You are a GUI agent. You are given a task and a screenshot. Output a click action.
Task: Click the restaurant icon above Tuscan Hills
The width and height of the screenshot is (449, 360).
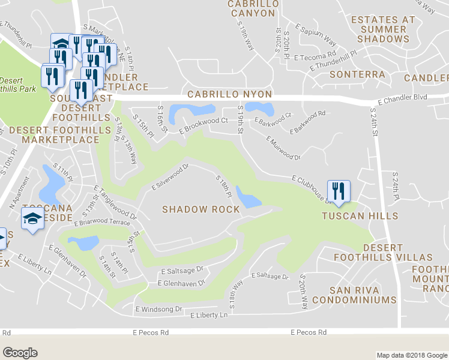pos(338,191)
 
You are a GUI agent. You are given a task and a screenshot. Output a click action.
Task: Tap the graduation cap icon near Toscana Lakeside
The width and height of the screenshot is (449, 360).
pos(32,220)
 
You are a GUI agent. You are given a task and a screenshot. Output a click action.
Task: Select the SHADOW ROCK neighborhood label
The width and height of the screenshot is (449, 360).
pos(201,209)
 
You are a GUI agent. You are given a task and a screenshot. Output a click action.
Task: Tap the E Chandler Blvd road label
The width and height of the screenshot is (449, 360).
pos(402,103)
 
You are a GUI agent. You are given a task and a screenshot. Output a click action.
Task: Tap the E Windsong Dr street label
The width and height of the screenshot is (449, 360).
pos(158,310)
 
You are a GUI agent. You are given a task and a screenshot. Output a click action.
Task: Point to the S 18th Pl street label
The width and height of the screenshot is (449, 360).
pos(224,186)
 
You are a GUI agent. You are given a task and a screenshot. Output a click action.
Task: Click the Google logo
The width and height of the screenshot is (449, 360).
pos(20,353)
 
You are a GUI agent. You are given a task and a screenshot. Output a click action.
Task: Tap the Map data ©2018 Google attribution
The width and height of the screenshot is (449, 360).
pos(412,355)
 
